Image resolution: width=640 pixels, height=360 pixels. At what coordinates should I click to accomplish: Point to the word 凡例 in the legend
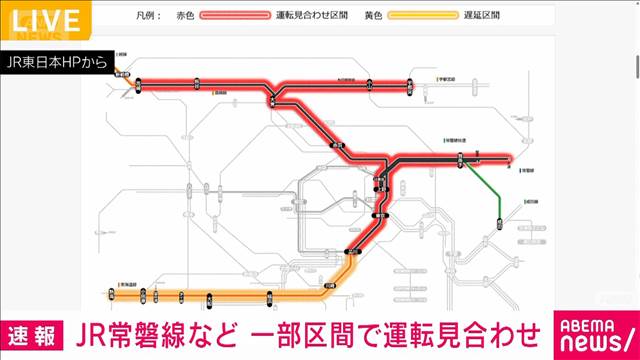click(x=146, y=17)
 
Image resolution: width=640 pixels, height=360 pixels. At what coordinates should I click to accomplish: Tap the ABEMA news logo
click(x=589, y=332)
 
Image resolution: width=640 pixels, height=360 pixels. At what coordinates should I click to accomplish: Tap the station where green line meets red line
click(x=460, y=158)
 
